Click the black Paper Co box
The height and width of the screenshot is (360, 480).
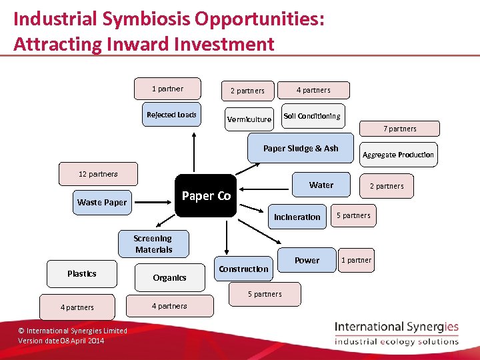[x=206, y=195]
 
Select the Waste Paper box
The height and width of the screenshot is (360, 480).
[x=102, y=202]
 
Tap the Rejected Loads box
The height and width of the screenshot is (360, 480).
[x=171, y=115]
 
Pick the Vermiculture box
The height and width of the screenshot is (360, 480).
[x=249, y=119]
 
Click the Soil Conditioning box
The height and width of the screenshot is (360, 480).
[x=312, y=116]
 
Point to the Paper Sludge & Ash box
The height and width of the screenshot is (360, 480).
[x=301, y=149]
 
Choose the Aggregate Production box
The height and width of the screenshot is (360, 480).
[x=398, y=155]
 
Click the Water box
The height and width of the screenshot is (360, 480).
[x=321, y=185]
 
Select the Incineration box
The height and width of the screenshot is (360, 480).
[x=297, y=217]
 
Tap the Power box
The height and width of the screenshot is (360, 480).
[x=307, y=260]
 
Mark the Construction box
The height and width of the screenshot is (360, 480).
[x=243, y=269]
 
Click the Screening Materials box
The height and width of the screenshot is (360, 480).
[x=153, y=244]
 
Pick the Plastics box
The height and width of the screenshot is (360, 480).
[x=82, y=273]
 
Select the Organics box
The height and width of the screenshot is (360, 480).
[x=169, y=277]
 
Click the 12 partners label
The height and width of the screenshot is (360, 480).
[x=98, y=174]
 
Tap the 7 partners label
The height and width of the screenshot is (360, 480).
[x=400, y=129]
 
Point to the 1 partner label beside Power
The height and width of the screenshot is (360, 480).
[x=356, y=260]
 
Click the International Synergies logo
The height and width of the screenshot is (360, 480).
[x=397, y=333]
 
